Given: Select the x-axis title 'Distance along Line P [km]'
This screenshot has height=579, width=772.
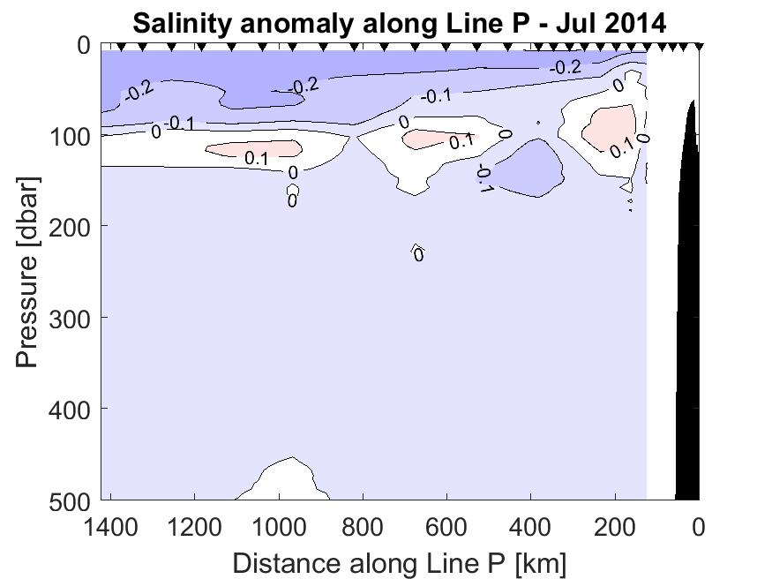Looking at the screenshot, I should (x=399, y=561).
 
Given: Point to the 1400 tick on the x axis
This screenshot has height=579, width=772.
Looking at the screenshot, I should (x=112, y=530).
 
